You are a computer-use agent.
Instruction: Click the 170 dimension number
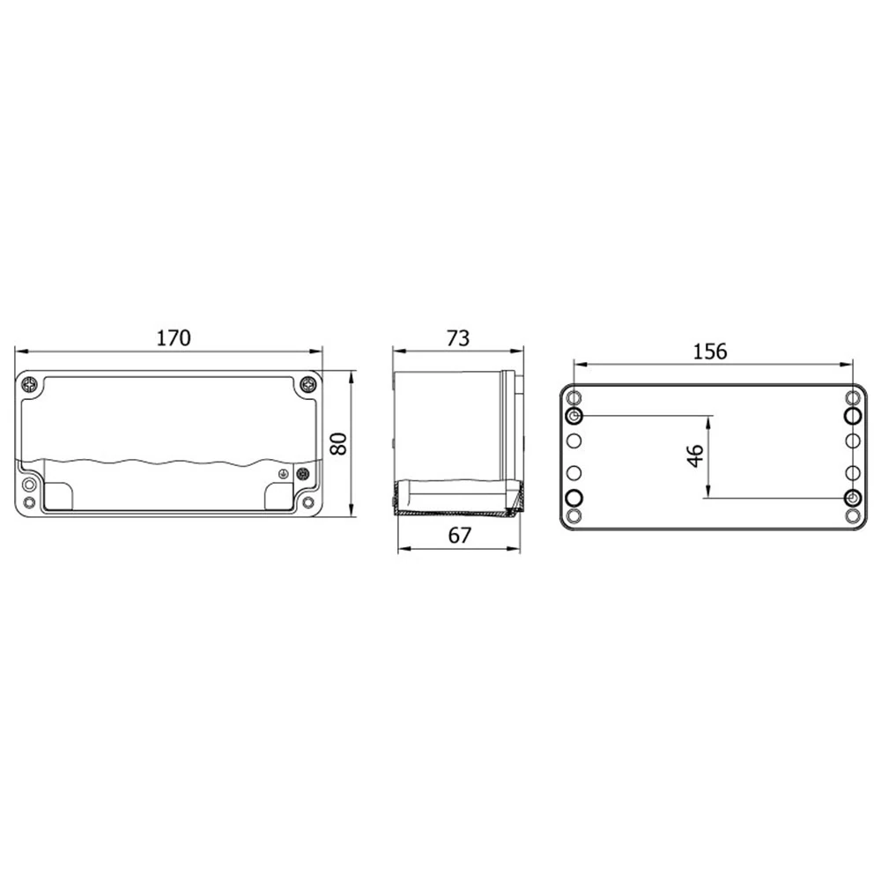[x=174, y=337]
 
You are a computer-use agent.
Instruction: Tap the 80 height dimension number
[x=338, y=444]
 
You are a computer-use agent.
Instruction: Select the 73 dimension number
[x=458, y=338]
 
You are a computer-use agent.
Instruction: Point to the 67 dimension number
[x=459, y=536]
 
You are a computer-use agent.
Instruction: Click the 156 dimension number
[x=709, y=352]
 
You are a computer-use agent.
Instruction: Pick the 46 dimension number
[x=696, y=455]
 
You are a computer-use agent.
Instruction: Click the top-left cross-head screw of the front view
[x=29, y=385]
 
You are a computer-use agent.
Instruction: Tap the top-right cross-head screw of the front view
[x=307, y=385]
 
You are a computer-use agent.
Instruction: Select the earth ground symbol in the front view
[x=285, y=474]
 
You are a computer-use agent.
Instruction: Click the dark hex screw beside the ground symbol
[x=303, y=474]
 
